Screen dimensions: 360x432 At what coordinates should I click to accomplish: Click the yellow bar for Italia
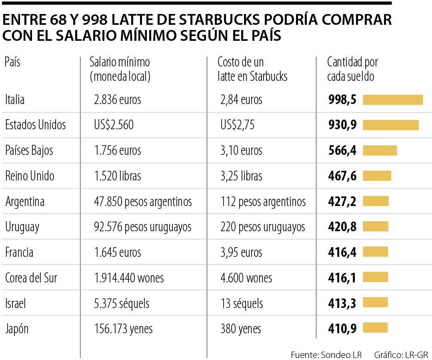pos(392,100)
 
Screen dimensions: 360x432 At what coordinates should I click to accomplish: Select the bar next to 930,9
pos(390,125)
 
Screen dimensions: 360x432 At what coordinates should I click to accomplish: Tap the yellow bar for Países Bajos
pos(380,150)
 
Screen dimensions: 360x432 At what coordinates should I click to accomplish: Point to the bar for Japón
pos(375,328)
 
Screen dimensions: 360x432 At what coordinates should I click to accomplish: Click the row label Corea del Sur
pos(31,278)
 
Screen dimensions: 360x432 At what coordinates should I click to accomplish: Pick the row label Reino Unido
pos(30,176)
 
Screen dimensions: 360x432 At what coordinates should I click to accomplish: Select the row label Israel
pos(16,303)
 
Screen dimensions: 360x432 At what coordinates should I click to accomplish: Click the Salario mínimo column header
pos(120,69)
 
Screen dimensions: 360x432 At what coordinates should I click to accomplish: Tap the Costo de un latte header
pos(252,69)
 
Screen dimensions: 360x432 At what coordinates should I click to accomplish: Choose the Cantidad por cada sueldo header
pos(352,69)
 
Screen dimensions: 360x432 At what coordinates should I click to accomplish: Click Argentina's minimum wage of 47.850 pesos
pos(142,201)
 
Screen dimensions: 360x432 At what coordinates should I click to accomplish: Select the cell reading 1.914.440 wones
pos(128,278)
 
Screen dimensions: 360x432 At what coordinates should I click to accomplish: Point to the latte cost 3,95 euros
pos(241,252)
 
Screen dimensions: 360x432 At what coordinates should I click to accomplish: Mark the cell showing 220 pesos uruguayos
pos(262,227)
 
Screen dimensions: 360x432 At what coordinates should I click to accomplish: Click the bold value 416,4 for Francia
pos(342,252)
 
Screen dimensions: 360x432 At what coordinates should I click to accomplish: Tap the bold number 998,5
pos(342,100)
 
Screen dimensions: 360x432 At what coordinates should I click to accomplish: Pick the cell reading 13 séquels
pos(242,303)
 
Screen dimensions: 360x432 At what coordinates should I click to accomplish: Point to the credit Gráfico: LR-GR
pos(401,354)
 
